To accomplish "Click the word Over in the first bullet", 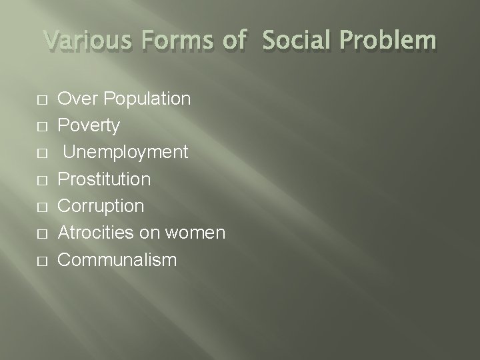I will [x=74, y=99].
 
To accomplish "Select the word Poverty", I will [x=89, y=126].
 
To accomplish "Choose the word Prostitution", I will [x=104, y=179].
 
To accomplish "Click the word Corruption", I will [x=101, y=206].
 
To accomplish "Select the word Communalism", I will [x=117, y=259].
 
